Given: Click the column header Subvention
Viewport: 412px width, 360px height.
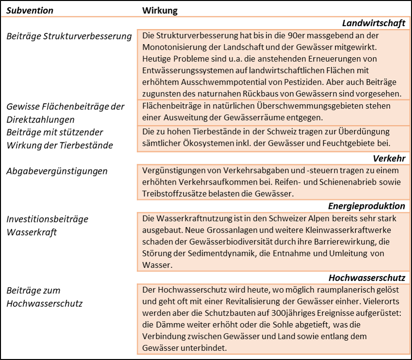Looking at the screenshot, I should click(x=30, y=10).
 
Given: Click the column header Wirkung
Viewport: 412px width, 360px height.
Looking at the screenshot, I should click(x=159, y=10).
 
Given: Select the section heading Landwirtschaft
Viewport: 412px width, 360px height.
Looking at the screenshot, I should click(x=373, y=23).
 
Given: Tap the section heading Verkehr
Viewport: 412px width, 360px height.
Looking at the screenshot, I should click(x=389, y=158).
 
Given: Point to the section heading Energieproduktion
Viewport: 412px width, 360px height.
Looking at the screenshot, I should click(x=366, y=206).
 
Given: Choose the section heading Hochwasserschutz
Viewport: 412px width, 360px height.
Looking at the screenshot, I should click(x=366, y=278).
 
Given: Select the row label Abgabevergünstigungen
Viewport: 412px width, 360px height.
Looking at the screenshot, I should click(x=57, y=171).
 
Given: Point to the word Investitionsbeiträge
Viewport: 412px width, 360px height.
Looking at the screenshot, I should click(x=47, y=219).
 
